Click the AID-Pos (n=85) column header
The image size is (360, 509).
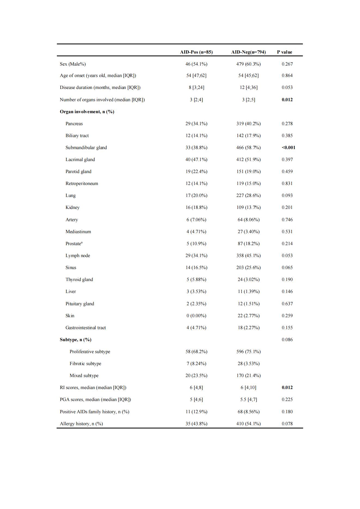196,52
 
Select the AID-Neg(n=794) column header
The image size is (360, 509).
248,52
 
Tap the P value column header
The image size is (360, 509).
284,52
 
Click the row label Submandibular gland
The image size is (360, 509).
86,147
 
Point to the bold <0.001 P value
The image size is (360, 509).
288,147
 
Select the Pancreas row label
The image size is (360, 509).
74,124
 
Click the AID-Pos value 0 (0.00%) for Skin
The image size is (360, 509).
196,316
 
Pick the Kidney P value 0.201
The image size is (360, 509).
287,207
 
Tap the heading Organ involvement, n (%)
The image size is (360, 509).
87,112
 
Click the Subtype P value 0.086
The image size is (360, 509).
287,340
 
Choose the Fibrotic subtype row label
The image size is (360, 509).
85,363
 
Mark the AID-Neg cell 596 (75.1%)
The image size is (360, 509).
248,351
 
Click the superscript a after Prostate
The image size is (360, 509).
82,242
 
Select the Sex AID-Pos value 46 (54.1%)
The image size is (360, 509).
196,64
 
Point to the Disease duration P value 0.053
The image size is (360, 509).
287,87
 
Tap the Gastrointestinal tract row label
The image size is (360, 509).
85,328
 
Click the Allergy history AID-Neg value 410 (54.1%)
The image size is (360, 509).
248,424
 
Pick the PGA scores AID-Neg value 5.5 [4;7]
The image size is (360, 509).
248,399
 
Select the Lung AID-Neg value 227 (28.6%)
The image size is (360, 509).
248,195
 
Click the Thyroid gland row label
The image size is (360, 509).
79,279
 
